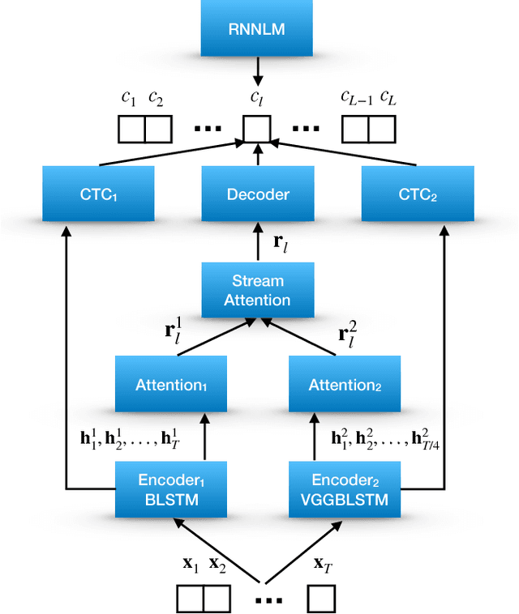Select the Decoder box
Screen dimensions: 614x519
click(258, 194)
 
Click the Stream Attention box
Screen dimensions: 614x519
click(258, 290)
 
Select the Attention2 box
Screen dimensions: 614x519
click(345, 386)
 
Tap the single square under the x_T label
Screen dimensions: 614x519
click(321, 598)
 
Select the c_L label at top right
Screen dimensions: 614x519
click(389, 98)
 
